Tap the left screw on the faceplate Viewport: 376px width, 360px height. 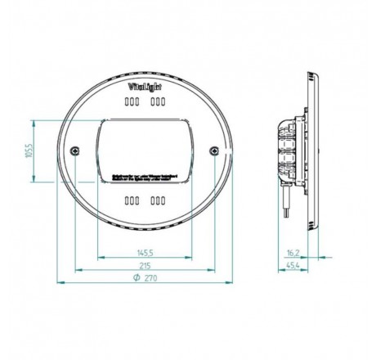[x=75, y=150]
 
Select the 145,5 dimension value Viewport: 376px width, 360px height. [x=144, y=253]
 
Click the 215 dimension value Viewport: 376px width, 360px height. [x=144, y=265]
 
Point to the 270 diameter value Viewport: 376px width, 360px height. [x=149, y=278]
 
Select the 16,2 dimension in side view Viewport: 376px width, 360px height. [x=295, y=253]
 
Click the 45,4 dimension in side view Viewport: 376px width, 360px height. [x=295, y=265]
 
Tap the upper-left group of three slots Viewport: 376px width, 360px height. [x=131, y=103]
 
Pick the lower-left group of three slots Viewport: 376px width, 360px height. [x=131, y=200]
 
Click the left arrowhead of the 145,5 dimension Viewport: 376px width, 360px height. [x=99, y=258]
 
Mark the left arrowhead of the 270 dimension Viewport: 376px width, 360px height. [x=59, y=283]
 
